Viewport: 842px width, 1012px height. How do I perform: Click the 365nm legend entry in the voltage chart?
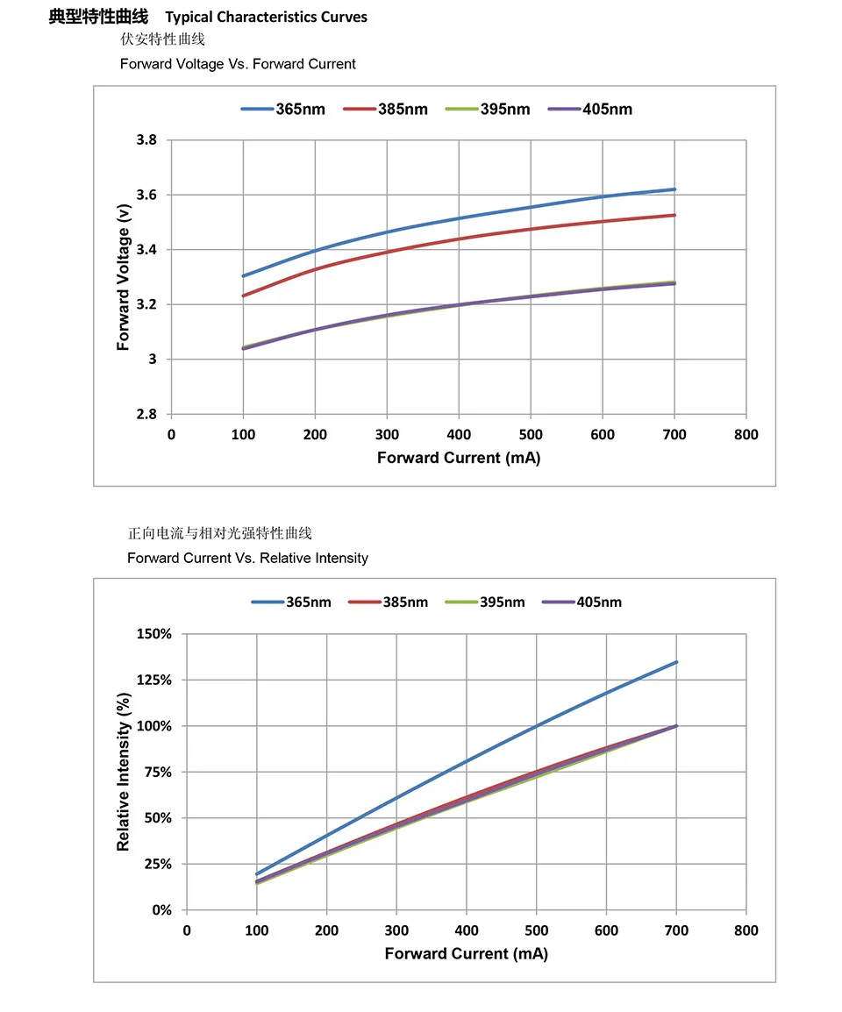[282, 110]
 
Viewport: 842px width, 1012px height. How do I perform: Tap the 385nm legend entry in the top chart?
[385, 110]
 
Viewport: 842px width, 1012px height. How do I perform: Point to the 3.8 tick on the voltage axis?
[146, 140]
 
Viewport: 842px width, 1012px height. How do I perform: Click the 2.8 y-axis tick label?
[146, 415]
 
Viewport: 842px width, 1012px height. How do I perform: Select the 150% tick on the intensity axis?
[154, 634]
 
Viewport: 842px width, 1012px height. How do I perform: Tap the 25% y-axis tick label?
[158, 865]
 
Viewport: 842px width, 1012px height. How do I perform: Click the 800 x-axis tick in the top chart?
[746, 435]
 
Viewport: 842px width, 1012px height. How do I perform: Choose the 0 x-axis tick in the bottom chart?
[187, 930]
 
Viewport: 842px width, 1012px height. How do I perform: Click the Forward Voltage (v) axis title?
[124, 277]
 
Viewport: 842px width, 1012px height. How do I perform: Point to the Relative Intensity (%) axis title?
[124, 772]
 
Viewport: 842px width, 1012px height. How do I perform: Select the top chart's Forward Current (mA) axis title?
[459, 458]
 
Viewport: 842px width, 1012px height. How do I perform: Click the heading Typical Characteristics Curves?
[267, 18]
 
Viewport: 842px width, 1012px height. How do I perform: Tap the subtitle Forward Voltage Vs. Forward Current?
[238, 64]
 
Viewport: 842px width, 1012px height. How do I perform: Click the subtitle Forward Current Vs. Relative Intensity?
[247, 558]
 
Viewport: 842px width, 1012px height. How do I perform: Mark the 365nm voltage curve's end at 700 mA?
[674, 189]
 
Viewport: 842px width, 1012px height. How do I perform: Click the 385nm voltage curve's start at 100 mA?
[243, 296]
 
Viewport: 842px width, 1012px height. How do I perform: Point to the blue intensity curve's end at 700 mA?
[676, 662]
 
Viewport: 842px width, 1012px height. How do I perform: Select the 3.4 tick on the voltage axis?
[146, 250]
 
